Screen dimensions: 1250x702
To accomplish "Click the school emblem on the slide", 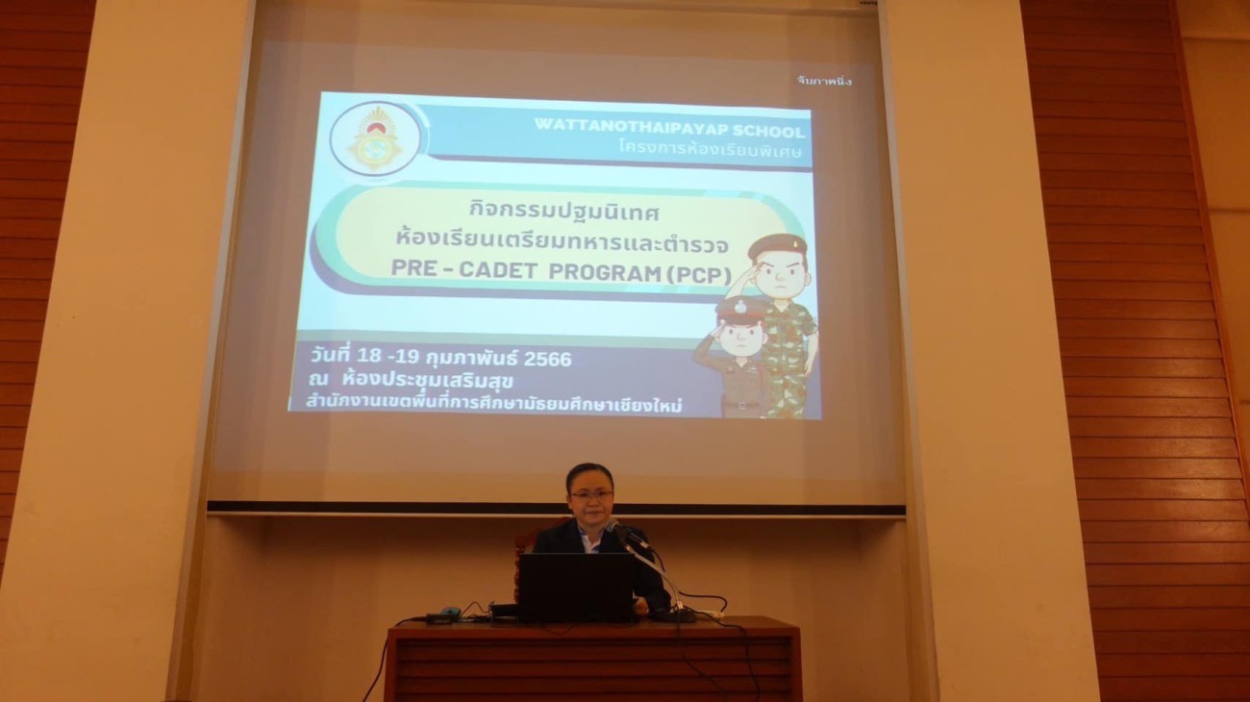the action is click(x=374, y=139).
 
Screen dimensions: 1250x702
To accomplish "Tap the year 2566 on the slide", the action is click(x=547, y=359).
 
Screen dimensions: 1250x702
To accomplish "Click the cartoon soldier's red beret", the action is click(x=777, y=245).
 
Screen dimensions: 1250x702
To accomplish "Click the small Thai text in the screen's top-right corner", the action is click(x=824, y=81).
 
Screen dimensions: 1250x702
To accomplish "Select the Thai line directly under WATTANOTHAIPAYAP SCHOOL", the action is click(x=710, y=149).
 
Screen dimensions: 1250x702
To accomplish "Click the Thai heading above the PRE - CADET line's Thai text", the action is click(x=563, y=213).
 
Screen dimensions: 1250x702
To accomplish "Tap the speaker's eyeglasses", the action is click(x=590, y=494).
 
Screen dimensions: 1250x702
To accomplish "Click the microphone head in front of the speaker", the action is click(x=613, y=525).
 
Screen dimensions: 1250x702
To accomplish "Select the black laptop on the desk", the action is click(x=577, y=587).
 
